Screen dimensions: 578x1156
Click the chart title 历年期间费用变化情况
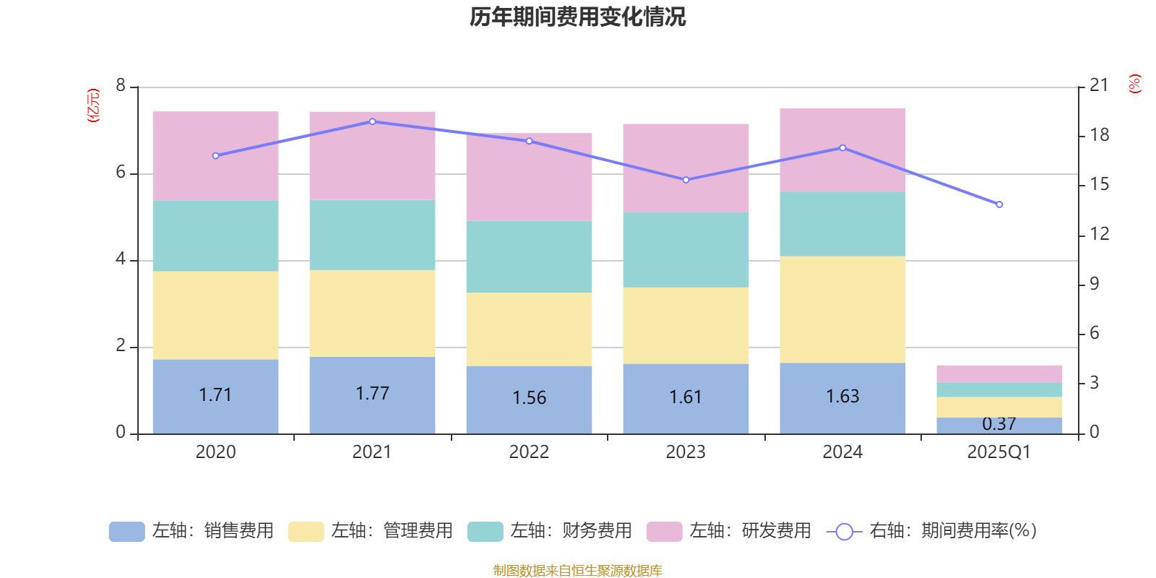(577, 17)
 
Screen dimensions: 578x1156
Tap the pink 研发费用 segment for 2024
(842, 150)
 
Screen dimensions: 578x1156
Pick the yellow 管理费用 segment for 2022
(529, 329)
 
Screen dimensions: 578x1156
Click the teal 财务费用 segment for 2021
(372, 235)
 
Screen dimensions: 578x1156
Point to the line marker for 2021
(372, 121)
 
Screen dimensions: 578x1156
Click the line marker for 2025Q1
(999, 204)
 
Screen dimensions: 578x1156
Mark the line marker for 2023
(686, 180)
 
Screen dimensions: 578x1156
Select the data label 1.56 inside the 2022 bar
(529, 398)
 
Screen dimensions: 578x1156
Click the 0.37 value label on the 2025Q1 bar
(999, 424)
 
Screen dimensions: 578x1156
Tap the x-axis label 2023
(686, 452)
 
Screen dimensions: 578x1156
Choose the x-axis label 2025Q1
(999, 452)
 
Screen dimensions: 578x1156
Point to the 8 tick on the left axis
(121, 86)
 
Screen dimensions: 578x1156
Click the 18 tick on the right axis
(1100, 135)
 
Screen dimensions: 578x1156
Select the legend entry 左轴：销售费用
(191, 531)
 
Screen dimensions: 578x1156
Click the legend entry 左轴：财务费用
(550, 531)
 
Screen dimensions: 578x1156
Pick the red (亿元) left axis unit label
(92, 105)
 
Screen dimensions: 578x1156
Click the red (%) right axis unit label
(1135, 84)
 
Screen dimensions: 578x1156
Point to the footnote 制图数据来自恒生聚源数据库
(577, 571)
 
